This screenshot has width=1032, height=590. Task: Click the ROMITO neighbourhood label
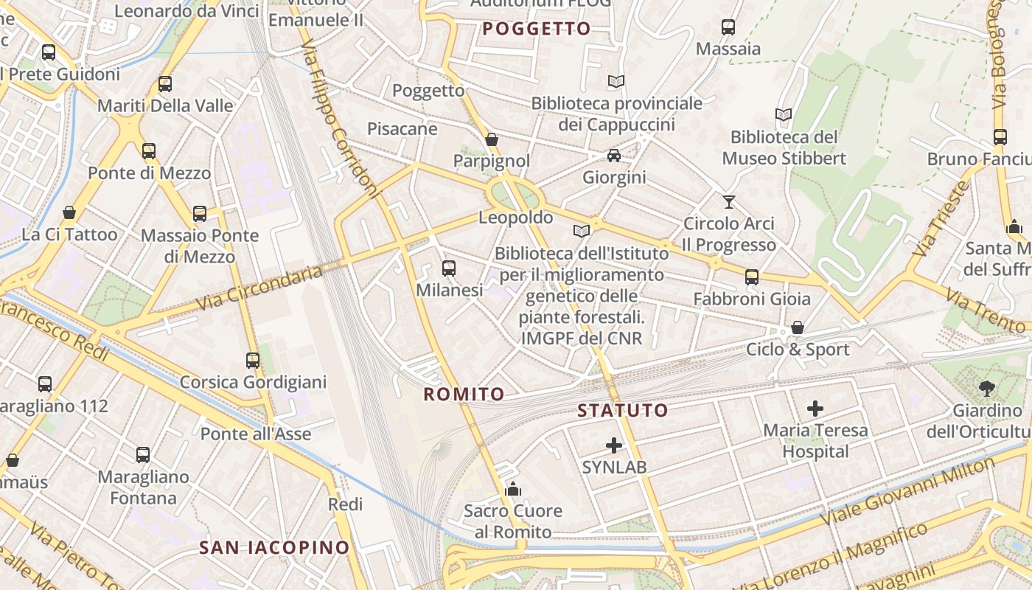click(x=464, y=394)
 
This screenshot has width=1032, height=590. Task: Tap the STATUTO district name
click(x=623, y=410)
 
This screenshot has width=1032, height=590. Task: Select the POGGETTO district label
click(x=537, y=29)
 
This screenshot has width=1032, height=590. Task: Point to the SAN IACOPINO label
click(x=274, y=547)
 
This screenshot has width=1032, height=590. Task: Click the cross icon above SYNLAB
click(x=614, y=445)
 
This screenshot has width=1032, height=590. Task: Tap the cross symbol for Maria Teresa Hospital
click(x=815, y=408)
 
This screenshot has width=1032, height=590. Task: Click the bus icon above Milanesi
click(x=449, y=268)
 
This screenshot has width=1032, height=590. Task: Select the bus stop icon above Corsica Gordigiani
click(x=253, y=361)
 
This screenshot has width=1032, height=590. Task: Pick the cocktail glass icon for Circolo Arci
click(x=729, y=201)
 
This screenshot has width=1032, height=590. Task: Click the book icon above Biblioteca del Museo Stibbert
click(x=784, y=115)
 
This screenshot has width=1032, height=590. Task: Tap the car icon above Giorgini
click(x=614, y=156)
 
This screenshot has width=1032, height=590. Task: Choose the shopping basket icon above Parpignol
click(x=492, y=139)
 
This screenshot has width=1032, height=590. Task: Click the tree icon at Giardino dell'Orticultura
click(x=986, y=388)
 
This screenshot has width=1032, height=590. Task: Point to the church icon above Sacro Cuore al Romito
click(x=512, y=489)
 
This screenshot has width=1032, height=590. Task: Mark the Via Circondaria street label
click(x=259, y=288)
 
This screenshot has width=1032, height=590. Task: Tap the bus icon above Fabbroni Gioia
click(x=752, y=277)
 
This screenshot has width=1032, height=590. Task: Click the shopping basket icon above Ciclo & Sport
click(x=798, y=327)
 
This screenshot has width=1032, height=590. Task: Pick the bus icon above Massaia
click(x=728, y=27)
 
